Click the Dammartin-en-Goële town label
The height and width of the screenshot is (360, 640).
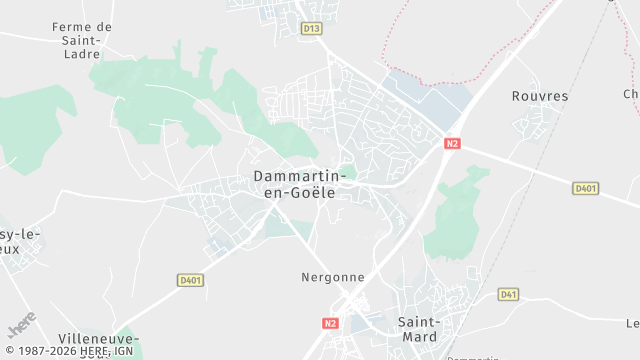[x=299, y=184]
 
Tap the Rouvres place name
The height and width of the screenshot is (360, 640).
[x=539, y=96]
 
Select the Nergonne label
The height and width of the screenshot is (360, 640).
[x=333, y=277]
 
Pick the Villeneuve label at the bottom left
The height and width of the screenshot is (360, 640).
[x=98, y=340]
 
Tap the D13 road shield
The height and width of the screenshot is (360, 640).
[x=311, y=28]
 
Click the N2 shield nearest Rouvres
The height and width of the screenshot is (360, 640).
[x=453, y=144]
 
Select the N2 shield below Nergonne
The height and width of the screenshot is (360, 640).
[x=332, y=323]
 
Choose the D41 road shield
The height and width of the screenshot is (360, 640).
[x=509, y=294]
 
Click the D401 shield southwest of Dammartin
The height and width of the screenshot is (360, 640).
[x=190, y=281]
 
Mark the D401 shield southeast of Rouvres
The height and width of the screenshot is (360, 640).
[x=586, y=188]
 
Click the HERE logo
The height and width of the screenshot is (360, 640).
[x=22, y=325]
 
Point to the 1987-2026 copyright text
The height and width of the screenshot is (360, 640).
[x=45, y=352]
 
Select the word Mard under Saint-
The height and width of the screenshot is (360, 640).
[x=418, y=337]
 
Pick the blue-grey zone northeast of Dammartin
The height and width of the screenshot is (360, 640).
[x=420, y=95]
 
